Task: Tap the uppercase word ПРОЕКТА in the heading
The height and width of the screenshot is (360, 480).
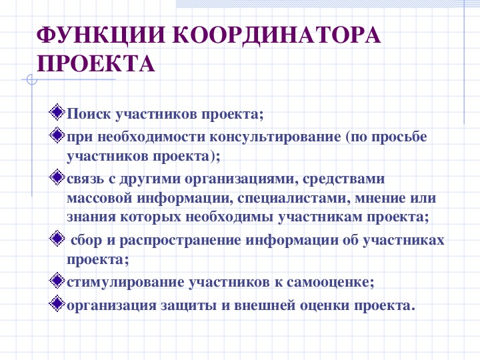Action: pos(95,64)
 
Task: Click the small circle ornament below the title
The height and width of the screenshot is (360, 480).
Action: pos(32,80)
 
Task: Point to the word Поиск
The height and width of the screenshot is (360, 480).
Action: pos(89,114)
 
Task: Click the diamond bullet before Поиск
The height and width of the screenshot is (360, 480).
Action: pos(57,112)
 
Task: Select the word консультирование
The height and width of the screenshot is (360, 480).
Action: pos(275,137)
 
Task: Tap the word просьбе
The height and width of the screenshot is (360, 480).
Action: pos(399,137)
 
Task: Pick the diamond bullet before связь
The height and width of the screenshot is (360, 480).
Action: pos(57,177)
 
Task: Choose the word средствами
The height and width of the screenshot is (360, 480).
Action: pos(343,179)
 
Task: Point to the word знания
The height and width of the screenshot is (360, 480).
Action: pos(91,217)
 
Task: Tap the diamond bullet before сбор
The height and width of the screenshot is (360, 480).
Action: pos(57,238)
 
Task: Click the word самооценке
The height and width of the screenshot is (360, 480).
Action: pos(330,282)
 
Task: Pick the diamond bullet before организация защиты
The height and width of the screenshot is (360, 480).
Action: pos(57,303)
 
